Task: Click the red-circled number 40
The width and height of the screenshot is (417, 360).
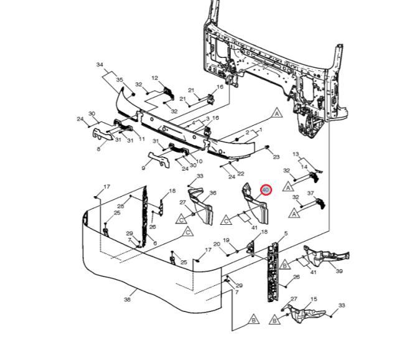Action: click(x=266, y=190)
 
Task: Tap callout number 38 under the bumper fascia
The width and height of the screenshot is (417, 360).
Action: click(x=128, y=300)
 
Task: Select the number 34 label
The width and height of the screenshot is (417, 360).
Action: click(x=100, y=65)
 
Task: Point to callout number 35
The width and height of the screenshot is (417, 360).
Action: click(x=119, y=80)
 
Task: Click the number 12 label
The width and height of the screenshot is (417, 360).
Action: click(x=155, y=78)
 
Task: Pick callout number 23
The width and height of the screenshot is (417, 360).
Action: click(x=276, y=157)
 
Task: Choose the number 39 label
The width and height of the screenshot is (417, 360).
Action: click(x=339, y=271)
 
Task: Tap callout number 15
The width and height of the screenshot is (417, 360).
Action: click(x=314, y=299)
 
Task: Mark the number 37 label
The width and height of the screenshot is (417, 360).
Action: click(x=311, y=193)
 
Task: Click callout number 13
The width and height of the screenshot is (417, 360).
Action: click(x=296, y=154)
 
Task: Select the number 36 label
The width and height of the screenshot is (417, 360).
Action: click(x=213, y=193)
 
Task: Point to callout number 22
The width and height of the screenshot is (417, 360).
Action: click(x=241, y=174)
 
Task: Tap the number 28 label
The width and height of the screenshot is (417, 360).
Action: click(x=121, y=206)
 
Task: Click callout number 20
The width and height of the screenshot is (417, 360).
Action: click(x=217, y=244)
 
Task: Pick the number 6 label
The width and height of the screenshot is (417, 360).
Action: click(x=155, y=243)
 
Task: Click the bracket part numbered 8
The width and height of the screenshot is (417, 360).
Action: click(x=103, y=135)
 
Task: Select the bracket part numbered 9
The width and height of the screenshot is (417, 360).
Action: click(x=159, y=159)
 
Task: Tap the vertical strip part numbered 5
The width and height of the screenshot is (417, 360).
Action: click(x=273, y=272)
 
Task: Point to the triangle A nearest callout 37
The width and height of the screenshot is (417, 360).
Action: click(x=294, y=214)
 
